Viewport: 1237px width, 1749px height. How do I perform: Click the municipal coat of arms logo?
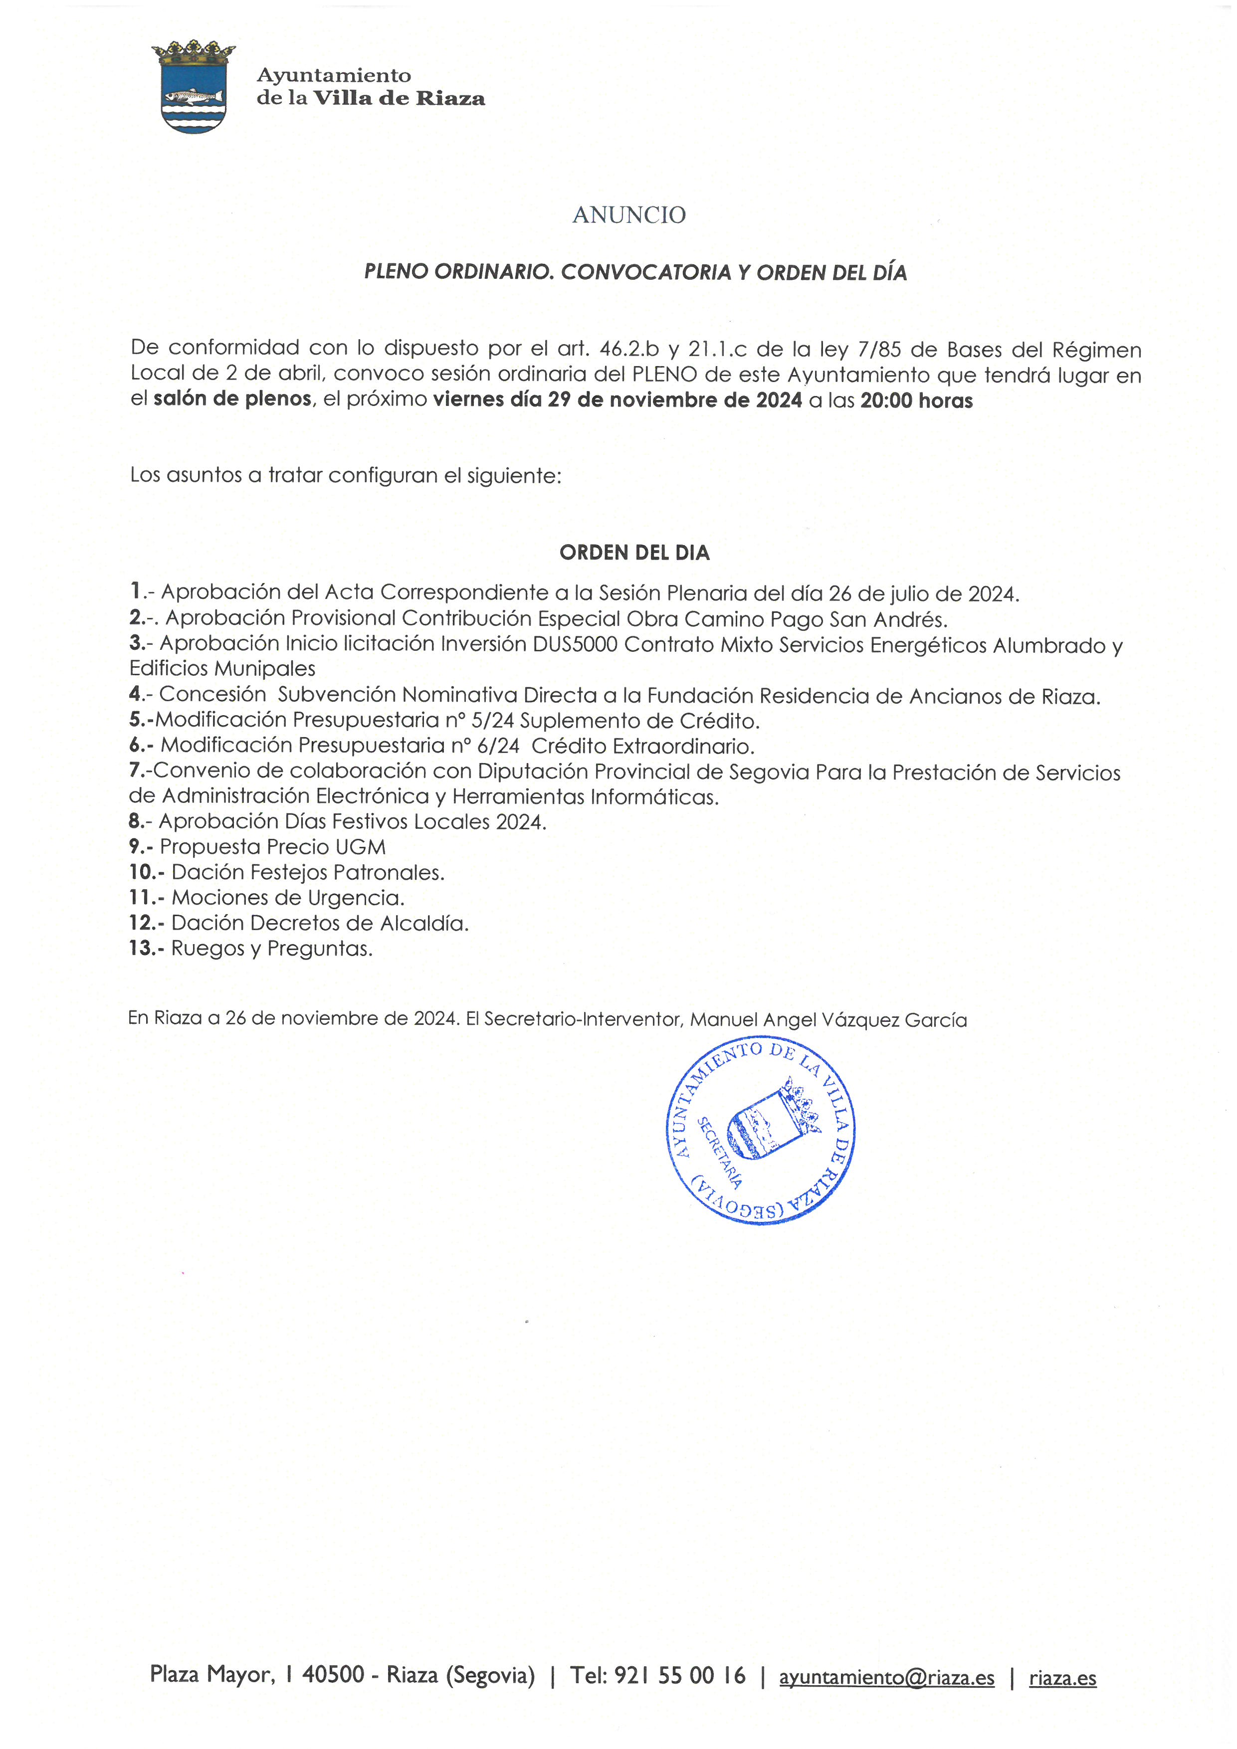(x=194, y=87)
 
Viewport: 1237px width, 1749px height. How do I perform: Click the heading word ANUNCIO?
(x=628, y=215)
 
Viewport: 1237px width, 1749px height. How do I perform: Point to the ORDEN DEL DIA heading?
(x=634, y=553)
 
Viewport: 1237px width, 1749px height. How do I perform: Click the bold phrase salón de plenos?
(x=232, y=399)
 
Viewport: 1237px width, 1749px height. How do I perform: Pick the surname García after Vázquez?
(x=935, y=1020)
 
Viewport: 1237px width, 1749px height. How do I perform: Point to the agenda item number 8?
(x=136, y=822)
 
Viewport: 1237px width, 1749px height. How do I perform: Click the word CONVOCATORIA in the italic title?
(x=646, y=273)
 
